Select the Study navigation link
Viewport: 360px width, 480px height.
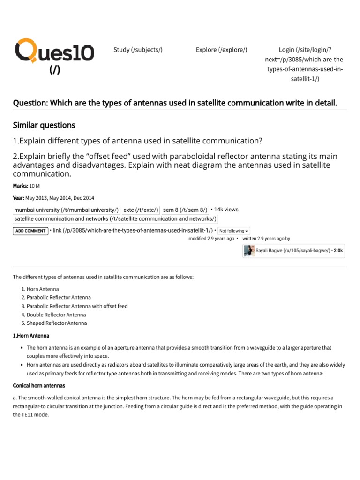(x=138, y=50)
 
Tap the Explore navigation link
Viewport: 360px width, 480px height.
(x=221, y=50)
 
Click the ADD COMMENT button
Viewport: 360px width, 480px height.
(x=30, y=231)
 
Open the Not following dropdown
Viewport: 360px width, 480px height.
(x=234, y=231)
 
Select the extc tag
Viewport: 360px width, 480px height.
(x=141, y=210)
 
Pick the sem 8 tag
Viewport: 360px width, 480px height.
(x=185, y=210)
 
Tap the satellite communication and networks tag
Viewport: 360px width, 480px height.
(x=115, y=219)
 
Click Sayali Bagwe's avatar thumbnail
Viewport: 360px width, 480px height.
(x=249, y=251)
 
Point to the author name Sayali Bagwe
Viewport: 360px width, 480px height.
(x=269, y=251)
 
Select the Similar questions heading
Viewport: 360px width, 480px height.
(x=44, y=125)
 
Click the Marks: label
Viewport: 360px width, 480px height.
(x=20, y=186)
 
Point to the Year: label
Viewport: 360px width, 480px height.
(x=18, y=198)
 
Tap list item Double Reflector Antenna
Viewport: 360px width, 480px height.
(x=56, y=315)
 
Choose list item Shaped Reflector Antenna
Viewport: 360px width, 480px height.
(x=56, y=323)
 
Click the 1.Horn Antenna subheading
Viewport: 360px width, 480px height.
(x=31, y=336)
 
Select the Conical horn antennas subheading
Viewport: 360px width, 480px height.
(x=39, y=385)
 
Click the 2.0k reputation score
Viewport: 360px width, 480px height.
(x=338, y=251)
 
